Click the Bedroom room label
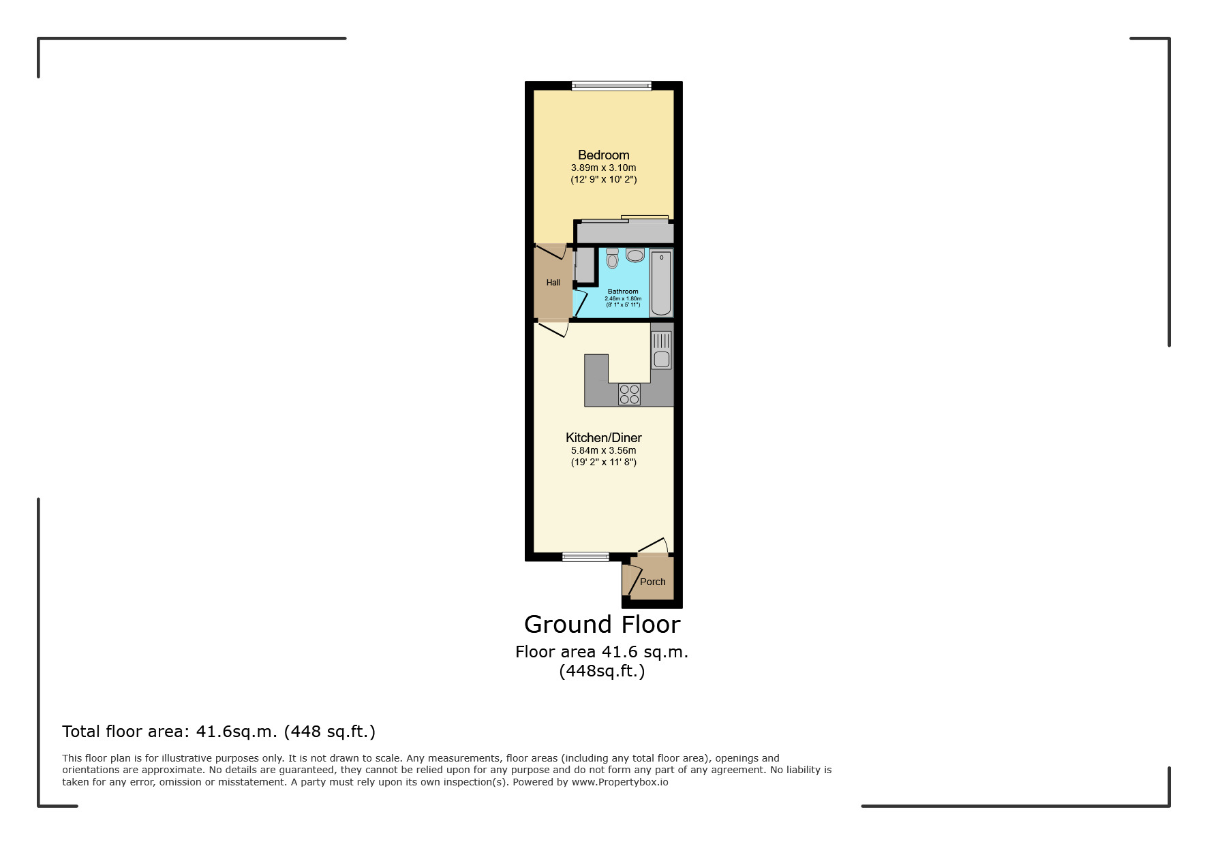[603, 155]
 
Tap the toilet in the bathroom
[612, 258]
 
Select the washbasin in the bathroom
[635, 255]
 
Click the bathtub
[660, 283]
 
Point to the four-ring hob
[629, 394]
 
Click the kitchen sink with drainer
[661, 349]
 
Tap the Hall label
[553, 283]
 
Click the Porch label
[652, 582]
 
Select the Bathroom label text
[623, 292]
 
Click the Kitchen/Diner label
[603, 437]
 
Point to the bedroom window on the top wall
[611, 86]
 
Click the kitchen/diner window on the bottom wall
[585, 557]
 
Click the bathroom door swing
[580, 303]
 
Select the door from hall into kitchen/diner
[553, 330]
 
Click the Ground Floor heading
[602, 624]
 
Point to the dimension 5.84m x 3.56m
[603, 450]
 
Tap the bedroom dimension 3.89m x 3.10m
[603, 168]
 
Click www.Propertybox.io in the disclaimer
[620, 782]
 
